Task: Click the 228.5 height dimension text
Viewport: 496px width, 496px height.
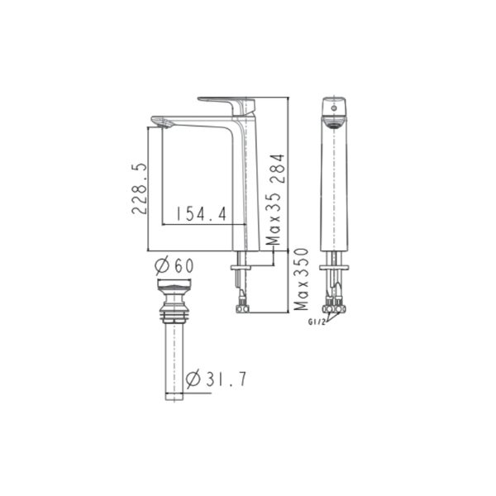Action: pyautogui.click(x=140, y=188)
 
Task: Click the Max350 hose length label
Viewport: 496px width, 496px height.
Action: pyautogui.click(x=303, y=279)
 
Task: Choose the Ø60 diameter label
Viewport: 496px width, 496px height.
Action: pyautogui.click(x=174, y=266)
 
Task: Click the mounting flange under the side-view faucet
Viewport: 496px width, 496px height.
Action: pyautogui.click(x=242, y=267)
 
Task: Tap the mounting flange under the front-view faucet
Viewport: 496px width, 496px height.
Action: pyautogui.click(x=336, y=267)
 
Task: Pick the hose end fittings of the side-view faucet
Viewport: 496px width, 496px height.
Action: pyautogui.click(x=241, y=308)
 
